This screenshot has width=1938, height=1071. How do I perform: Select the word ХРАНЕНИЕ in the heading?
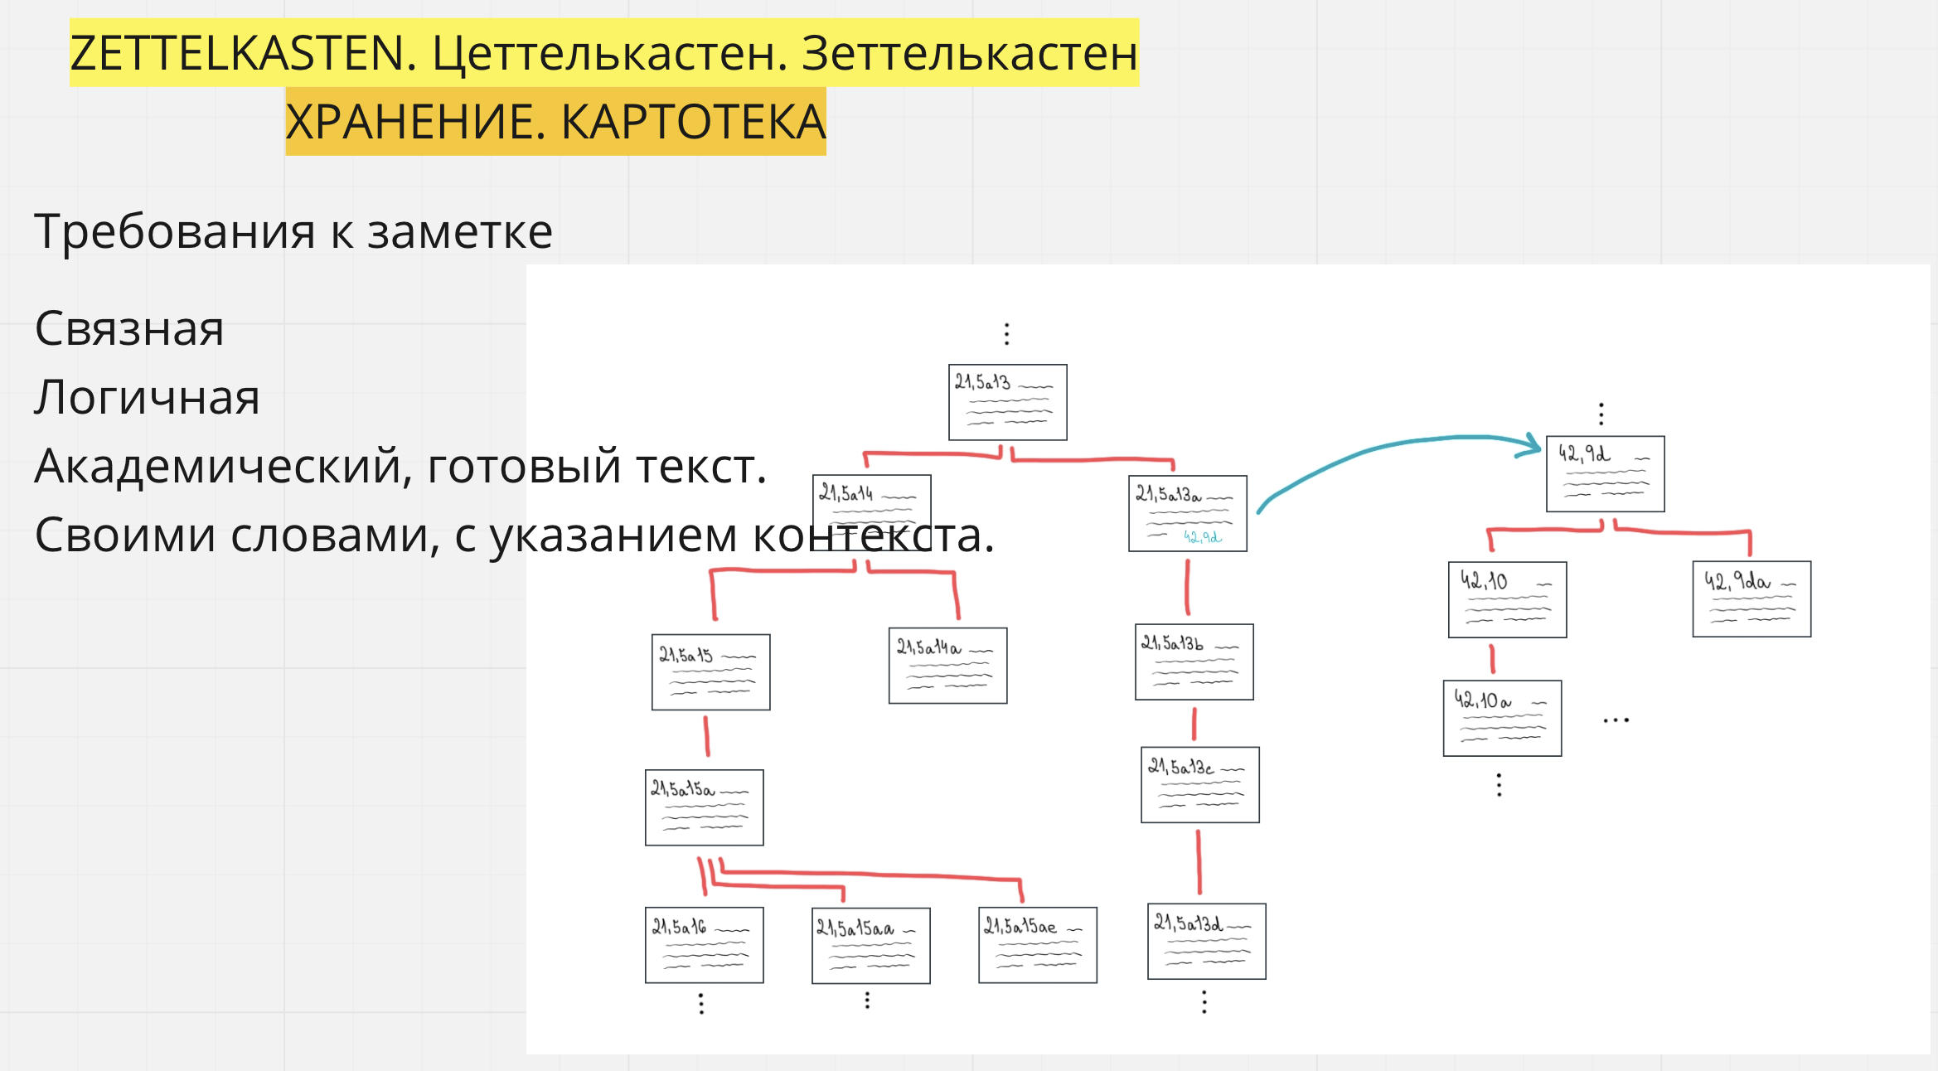[414, 123]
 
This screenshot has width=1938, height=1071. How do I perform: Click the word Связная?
[129, 329]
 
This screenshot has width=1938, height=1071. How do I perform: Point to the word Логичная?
[148, 398]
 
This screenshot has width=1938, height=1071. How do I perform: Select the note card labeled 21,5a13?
[1007, 402]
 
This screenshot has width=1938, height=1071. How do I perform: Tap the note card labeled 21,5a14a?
[947, 666]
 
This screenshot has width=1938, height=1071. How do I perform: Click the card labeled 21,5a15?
[710, 672]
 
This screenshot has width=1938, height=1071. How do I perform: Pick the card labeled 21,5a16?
[704, 945]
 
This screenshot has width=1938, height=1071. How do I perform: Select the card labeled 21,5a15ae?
[1037, 945]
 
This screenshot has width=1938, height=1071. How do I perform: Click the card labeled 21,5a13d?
[1206, 942]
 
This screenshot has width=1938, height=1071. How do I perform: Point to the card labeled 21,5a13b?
[1194, 661]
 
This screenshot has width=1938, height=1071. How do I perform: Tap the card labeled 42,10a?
[1502, 719]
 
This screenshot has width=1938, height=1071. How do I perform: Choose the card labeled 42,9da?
[1751, 599]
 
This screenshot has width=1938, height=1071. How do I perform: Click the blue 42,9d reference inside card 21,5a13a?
[1202, 537]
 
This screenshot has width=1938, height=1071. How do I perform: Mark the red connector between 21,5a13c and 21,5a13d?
[1199, 862]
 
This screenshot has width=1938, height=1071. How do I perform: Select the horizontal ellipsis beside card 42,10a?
[1616, 720]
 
